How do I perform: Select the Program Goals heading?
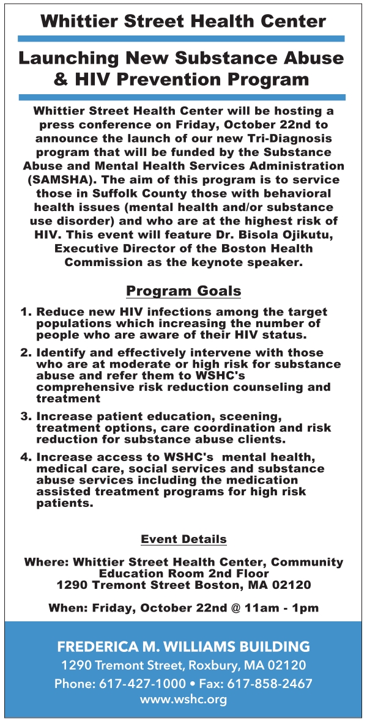[x=183, y=290]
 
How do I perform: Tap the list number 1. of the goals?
[x=26, y=312]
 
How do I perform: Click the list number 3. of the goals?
[x=26, y=416]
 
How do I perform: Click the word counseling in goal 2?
[x=262, y=387]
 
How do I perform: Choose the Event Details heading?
[x=183, y=539]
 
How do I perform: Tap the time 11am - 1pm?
[x=278, y=608]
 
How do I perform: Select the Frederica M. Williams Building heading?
[x=183, y=646]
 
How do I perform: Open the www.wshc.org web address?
[x=183, y=699]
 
